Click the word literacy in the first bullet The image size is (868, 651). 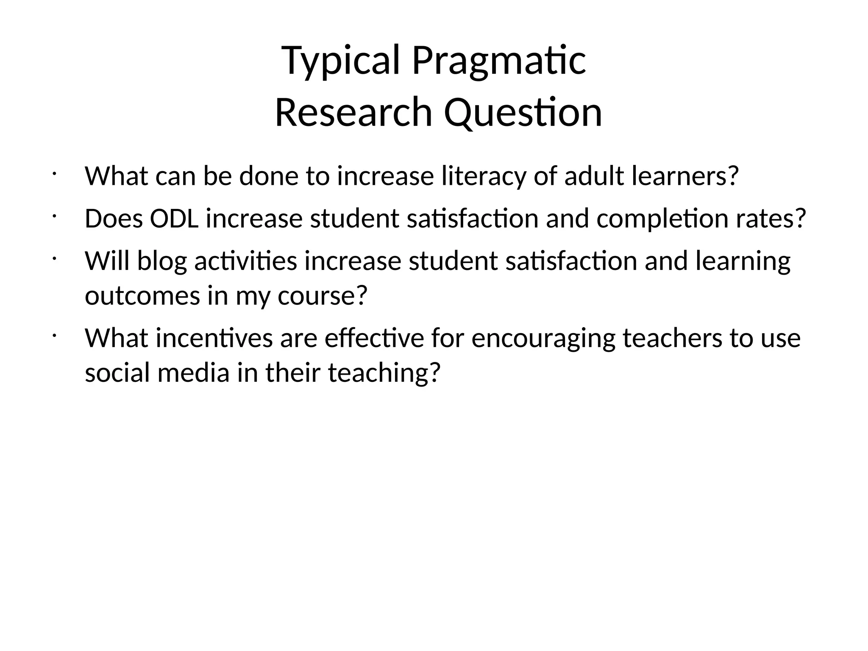coord(484,176)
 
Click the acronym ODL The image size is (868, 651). coord(174,219)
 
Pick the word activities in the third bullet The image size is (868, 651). coord(246,262)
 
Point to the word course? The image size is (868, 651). coord(322,296)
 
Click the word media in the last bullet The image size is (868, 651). coord(193,373)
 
